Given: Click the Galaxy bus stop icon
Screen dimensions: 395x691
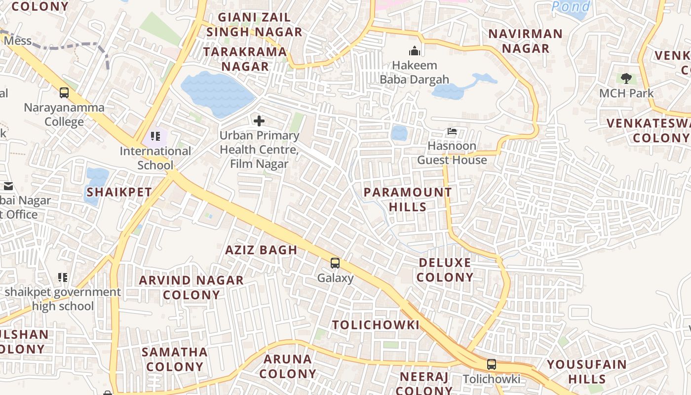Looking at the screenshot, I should [335, 263].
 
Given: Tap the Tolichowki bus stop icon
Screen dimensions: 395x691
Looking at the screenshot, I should [492, 364].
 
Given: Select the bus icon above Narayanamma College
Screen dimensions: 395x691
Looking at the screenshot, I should [64, 92].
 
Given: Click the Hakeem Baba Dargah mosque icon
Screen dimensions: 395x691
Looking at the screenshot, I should [415, 51].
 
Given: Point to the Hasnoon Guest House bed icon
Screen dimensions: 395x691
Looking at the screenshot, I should [452, 131].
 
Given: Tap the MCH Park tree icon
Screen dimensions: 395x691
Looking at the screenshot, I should [626, 78].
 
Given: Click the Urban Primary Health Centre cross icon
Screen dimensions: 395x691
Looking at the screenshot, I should [259, 121].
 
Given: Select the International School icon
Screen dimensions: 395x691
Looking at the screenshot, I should [155, 136].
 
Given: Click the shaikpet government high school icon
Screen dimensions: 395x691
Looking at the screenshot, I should [63, 277].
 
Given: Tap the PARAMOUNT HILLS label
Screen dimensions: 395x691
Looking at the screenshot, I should [408, 199].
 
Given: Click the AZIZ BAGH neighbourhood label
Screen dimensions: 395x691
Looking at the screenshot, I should [261, 250].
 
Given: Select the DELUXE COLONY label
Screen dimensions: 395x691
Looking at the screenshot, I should [445, 270].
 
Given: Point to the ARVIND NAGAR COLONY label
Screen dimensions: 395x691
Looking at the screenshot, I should [192, 287].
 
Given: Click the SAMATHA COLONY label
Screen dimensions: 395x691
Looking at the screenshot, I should [175, 359].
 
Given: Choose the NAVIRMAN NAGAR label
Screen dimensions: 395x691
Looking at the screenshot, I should [525, 41].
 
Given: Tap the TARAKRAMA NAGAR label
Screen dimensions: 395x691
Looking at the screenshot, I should [245, 59].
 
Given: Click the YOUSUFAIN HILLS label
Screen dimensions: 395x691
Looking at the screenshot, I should [586, 372].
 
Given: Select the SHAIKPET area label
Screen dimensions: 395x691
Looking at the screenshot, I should [119, 192].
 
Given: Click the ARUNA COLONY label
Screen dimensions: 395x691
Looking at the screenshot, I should [288, 366].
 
